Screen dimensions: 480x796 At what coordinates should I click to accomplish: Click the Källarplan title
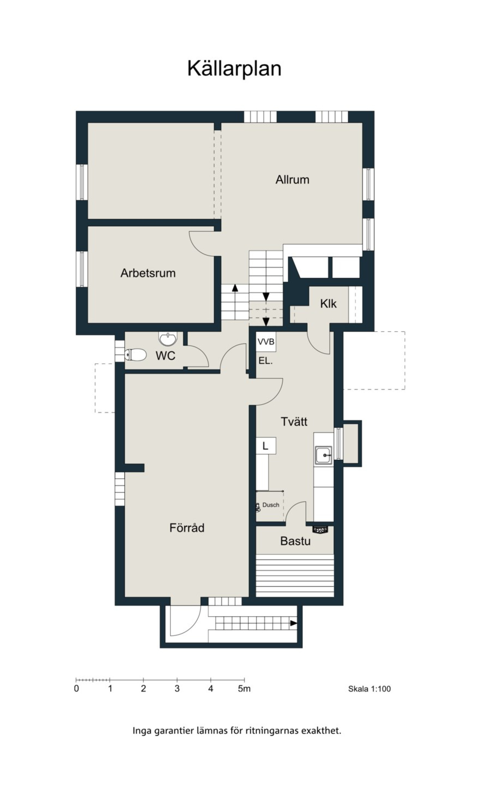click(x=234, y=68)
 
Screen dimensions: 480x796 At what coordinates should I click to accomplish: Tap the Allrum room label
click(x=292, y=180)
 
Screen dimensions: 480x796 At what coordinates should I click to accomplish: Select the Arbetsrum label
click(x=148, y=273)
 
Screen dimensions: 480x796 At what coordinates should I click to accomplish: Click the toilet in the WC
click(x=135, y=355)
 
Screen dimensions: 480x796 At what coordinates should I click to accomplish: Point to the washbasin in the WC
click(x=168, y=339)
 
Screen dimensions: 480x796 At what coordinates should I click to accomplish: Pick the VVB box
click(x=266, y=342)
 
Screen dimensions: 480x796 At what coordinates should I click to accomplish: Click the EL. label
click(x=266, y=361)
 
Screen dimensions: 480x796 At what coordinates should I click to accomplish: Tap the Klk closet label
click(x=328, y=304)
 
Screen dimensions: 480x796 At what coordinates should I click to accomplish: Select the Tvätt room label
click(x=294, y=422)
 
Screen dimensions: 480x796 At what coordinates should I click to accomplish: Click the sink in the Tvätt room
click(x=324, y=455)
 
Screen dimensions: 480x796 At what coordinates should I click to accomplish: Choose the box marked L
click(x=266, y=445)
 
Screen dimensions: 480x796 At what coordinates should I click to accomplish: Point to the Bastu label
click(x=295, y=541)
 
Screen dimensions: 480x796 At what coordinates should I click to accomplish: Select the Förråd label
click(x=187, y=528)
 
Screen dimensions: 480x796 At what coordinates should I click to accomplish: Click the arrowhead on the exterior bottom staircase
click(x=294, y=623)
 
